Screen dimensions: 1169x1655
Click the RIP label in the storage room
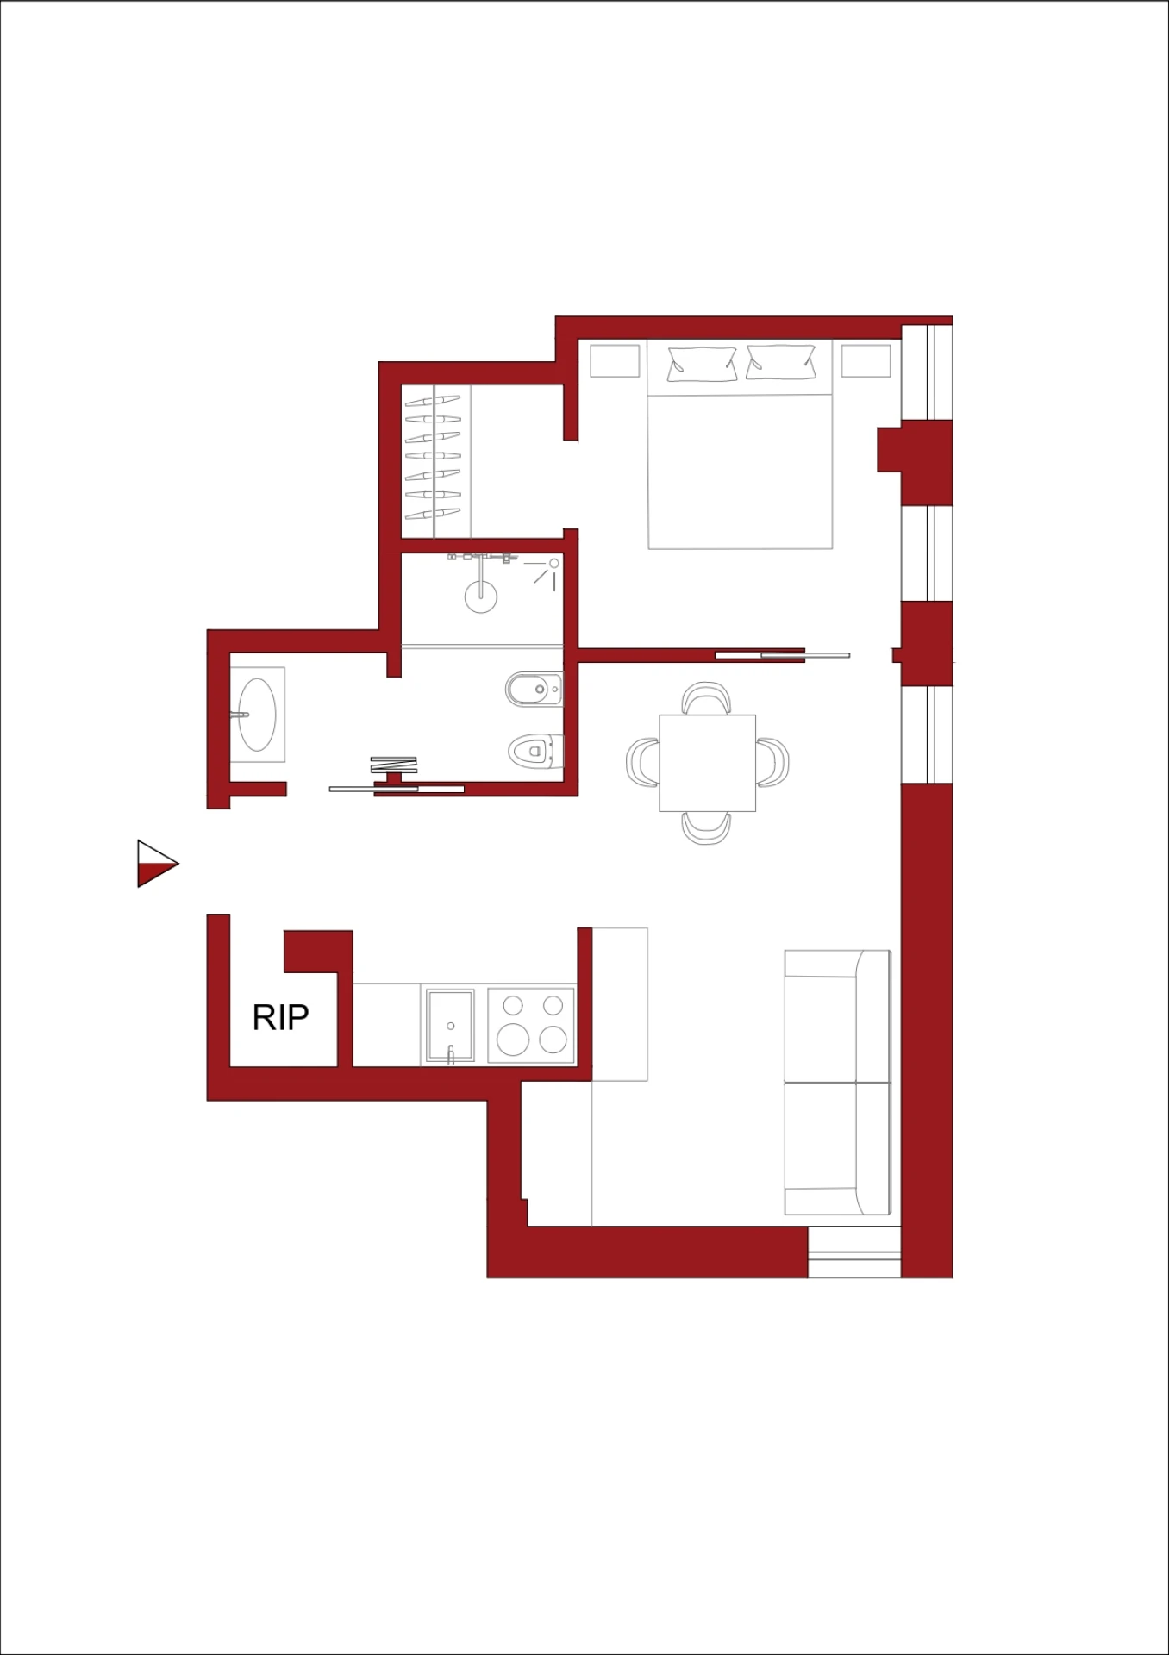click(280, 1017)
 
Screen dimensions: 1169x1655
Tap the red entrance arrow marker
click(157, 863)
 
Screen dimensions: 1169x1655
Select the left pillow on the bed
click(702, 364)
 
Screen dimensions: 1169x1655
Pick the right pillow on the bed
click(780, 362)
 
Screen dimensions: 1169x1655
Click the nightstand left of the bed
click(615, 360)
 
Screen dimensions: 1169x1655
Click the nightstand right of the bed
click(866, 360)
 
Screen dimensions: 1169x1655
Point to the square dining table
click(707, 763)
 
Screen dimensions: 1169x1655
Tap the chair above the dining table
click(706, 698)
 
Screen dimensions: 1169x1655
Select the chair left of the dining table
click(643, 762)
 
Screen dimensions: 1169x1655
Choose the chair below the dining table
click(706, 827)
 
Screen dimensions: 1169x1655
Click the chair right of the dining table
click(772, 762)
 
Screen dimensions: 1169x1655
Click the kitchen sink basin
click(450, 1026)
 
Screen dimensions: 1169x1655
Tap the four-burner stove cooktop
click(531, 1025)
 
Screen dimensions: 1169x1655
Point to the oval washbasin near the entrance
click(257, 715)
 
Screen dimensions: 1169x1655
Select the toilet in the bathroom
click(535, 751)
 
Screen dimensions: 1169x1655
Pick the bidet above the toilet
click(534, 690)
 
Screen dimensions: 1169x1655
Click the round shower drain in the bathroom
click(480, 596)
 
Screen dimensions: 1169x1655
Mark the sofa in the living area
click(837, 1083)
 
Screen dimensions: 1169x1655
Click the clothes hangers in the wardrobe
click(433, 457)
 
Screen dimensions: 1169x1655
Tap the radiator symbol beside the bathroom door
click(394, 765)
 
